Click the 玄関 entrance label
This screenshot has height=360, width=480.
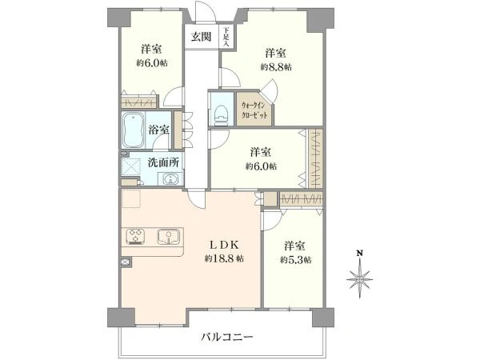coord(201,36)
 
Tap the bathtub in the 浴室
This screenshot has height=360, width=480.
coord(133,128)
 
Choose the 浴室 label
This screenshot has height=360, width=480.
coord(159,129)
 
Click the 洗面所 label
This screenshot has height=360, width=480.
coord(162,162)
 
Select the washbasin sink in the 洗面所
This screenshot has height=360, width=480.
coord(170,179)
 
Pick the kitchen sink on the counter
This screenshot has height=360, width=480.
coord(169,237)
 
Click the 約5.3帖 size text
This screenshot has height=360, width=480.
coord(296,260)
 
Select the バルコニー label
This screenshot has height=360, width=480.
coord(227,338)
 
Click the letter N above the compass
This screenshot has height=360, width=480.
coord(360,254)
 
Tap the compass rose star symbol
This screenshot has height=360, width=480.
coord(361,279)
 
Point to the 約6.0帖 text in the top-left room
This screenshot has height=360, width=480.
coord(152,63)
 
